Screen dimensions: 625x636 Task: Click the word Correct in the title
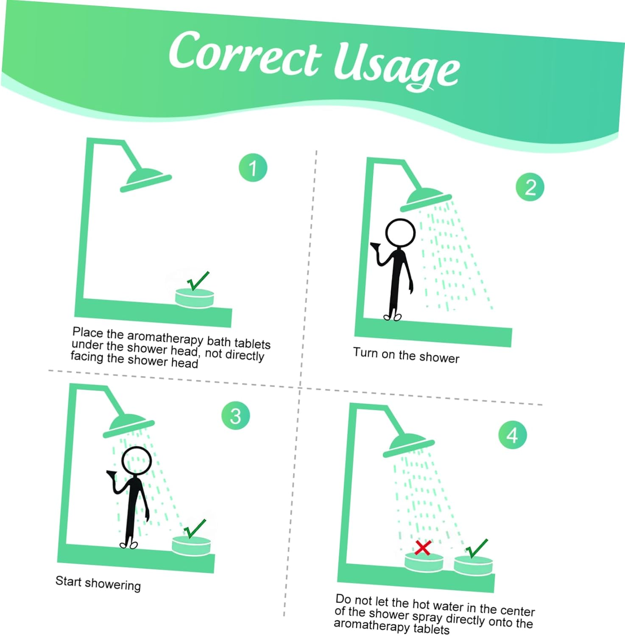245,53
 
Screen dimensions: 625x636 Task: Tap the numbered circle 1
253,167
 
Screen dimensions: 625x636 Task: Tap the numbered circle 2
530,187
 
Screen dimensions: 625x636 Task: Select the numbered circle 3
236,416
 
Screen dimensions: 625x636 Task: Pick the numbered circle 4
513,435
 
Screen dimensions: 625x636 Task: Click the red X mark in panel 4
423,548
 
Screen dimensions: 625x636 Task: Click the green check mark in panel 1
198,281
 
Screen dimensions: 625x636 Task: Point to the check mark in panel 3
195,529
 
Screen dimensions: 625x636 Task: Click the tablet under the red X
424,562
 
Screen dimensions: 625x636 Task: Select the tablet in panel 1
195,298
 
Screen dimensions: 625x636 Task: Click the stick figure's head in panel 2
400,233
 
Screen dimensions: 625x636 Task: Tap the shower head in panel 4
408,446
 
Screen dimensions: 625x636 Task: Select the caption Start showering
98,583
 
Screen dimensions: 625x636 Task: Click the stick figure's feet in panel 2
392,316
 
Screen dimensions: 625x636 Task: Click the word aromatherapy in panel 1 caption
165,338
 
